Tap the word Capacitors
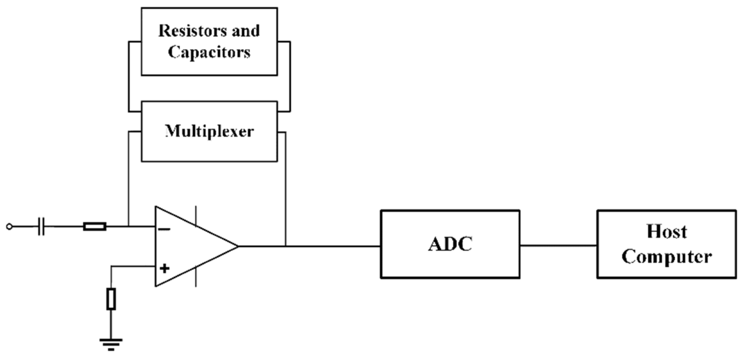point(209,52)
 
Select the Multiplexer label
point(209,131)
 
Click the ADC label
point(450,244)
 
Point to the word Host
point(667,232)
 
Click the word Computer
point(667,257)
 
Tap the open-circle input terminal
point(10,227)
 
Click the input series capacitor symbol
point(41,227)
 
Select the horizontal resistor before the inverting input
point(94,227)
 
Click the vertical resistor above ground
point(111,299)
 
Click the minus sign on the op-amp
point(164,229)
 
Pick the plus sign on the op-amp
point(164,269)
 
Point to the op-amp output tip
point(238,246)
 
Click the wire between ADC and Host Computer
point(558,245)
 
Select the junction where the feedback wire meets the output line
point(286,246)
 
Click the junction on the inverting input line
point(129,226)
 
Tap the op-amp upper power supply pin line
point(196,215)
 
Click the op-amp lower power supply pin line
point(196,277)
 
